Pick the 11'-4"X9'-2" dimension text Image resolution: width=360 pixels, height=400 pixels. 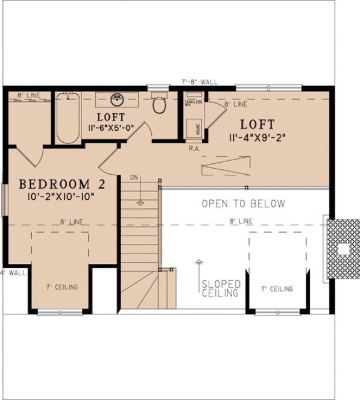tap(257, 137)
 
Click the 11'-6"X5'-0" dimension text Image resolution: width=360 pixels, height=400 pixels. tap(110, 128)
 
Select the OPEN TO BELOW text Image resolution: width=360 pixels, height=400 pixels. tap(244, 204)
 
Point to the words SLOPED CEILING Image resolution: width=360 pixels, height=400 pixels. tap(221, 288)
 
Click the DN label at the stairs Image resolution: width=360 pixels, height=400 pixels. tap(135, 178)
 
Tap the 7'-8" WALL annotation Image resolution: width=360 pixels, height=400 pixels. tap(200, 82)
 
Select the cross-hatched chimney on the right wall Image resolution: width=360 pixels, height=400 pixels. tap(342, 249)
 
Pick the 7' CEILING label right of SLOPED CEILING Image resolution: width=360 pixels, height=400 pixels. tap(277, 289)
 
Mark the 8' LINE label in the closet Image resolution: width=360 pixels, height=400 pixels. tap(28, 96)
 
